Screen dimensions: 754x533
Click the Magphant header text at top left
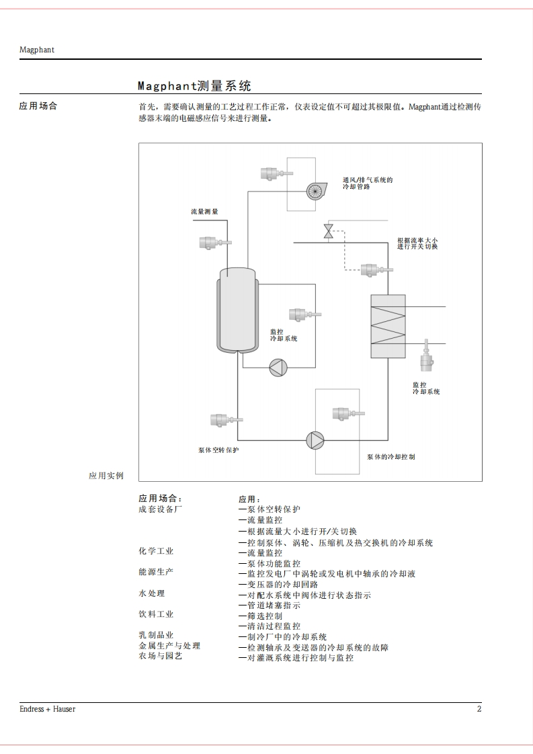point(36,50)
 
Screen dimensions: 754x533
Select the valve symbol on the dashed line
point(328,231)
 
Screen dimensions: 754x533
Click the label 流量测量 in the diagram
point(204,212)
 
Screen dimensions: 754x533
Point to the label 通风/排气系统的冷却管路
point(366,183)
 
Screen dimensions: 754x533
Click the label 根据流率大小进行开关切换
point(417,243)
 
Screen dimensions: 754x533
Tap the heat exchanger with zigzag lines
point(388,326)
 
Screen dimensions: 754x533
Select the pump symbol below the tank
point(278,367)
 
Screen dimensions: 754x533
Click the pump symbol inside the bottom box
point(315,439)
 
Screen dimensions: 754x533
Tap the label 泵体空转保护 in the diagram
point(218,450)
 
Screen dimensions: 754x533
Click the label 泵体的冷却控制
point(391,457)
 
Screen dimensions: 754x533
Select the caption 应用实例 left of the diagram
point(106,475)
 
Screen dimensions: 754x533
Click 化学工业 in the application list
point(156,551)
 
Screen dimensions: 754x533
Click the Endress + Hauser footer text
point(47,709)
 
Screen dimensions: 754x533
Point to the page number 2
point(479,709)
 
